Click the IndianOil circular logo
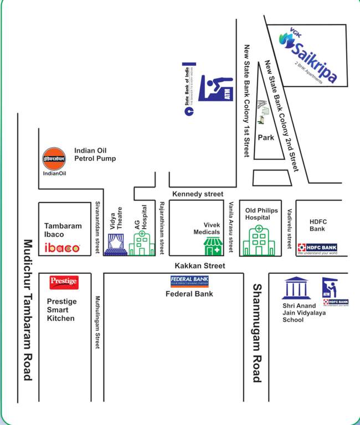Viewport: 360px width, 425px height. click(54, 158)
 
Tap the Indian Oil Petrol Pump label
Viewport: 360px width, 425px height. click(95, 154)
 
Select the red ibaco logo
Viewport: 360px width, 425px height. click(62, 248)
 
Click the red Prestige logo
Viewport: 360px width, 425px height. click(63, 282)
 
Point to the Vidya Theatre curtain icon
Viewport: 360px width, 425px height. click(116, 244)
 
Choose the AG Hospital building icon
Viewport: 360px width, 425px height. click(142, 243)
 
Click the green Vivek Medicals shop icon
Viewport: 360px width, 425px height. click(213, 245)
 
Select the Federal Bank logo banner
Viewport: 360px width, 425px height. click(189, 281)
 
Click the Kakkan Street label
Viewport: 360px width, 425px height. click(199, 266)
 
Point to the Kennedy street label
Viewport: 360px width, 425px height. click(198, 194)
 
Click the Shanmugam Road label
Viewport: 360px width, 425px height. click(256, 333)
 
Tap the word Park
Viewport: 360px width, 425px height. click(266, 138)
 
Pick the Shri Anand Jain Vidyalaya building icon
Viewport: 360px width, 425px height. click(294, 288)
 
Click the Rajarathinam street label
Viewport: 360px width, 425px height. click(162, 228)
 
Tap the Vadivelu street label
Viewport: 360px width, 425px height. click(289, 228)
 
